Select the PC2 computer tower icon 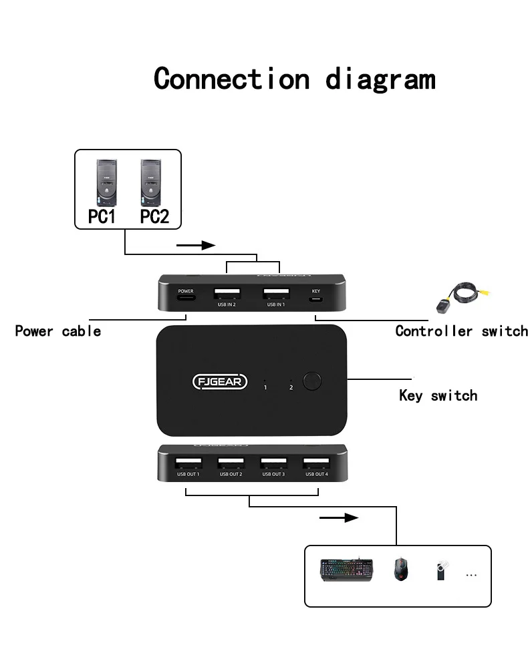tap(153, 182)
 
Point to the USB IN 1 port tap(275, 294)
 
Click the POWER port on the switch tap(185, 298)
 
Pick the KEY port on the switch tap(315, 298)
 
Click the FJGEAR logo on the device tap(220, 382)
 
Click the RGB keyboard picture tap(346, 570)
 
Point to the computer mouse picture tap(401, 570)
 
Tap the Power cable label tap(58, 331)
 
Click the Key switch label tap(438, 395)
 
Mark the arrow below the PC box tap(196, 245)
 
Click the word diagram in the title tap(380, 79)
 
